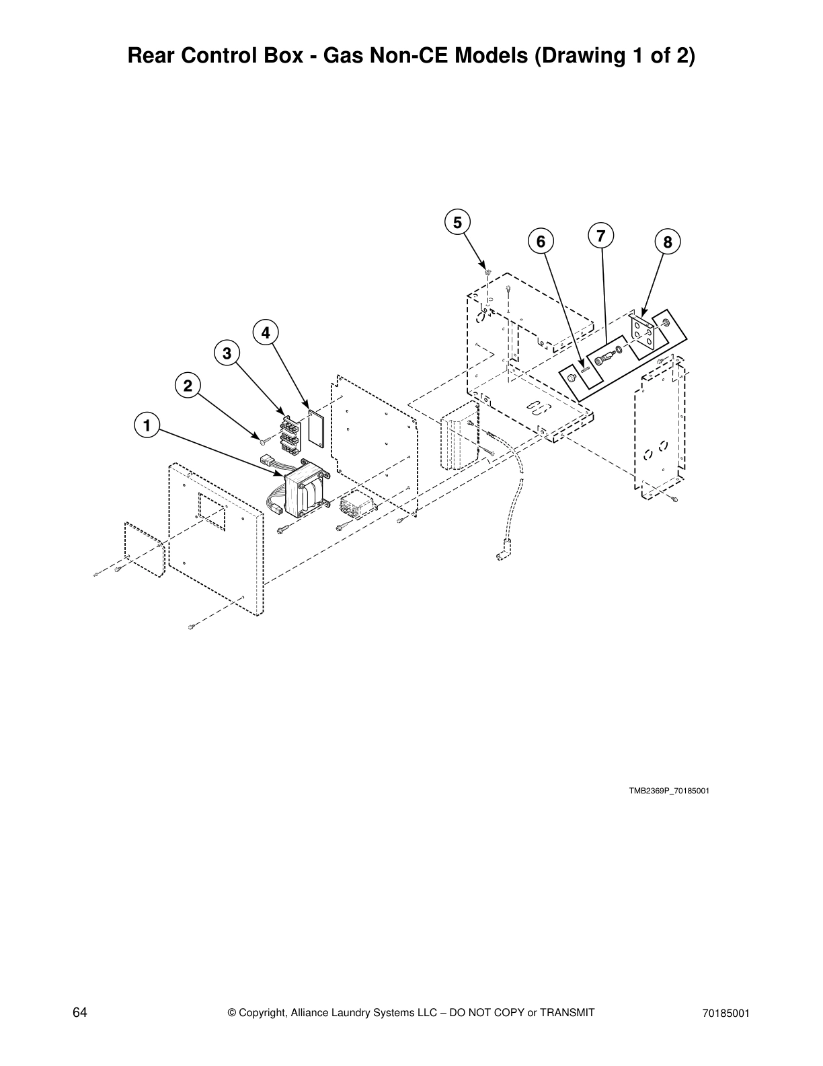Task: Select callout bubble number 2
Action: point(188,386)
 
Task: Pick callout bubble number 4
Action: point(266,332)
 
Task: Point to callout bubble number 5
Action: point(457,222)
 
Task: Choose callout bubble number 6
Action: point(541,241)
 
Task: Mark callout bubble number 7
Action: point(600,235)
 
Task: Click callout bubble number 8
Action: point(667,242)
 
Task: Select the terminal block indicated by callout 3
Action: point(289,434)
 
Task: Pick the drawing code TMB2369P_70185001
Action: point(668,791)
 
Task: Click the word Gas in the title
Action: point(344,56)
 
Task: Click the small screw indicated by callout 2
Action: point(262,440)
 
